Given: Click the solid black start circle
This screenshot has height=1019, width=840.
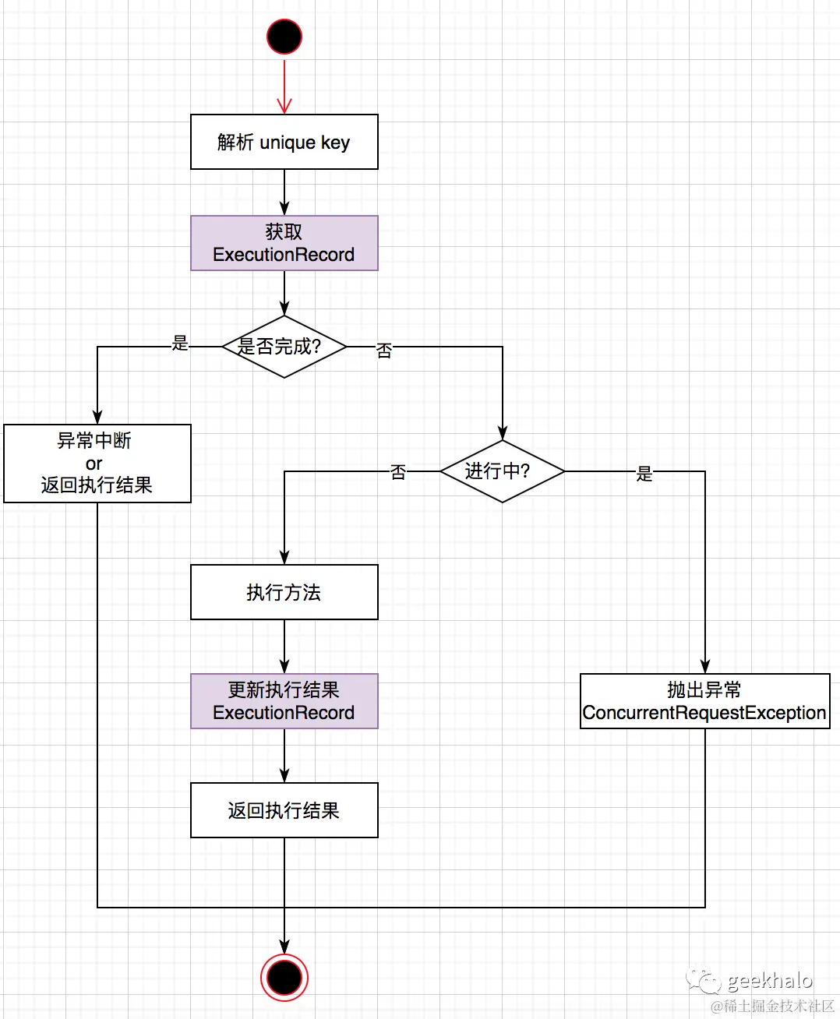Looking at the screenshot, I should (284, 37).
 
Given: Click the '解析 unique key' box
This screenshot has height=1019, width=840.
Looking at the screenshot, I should (284, 142).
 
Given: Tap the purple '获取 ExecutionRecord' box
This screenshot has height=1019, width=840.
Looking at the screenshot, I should (284, 243).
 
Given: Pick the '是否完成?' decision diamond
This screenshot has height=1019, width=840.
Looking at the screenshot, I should (284, 347).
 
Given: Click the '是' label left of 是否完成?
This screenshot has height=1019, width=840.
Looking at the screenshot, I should (180, 343).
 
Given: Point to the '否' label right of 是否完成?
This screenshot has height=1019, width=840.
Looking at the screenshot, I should (384, 351).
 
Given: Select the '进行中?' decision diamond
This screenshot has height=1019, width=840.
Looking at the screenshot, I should (503, 471).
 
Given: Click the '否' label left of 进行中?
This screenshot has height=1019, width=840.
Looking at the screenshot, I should (398, 472).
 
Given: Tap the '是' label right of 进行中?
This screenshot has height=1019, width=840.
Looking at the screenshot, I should (644, 474).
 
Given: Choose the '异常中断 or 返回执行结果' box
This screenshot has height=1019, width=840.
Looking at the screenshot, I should (97, 464).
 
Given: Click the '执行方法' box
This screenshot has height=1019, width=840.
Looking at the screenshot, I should (284, 592).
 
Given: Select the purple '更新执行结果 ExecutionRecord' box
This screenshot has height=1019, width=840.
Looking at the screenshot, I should (284, 701).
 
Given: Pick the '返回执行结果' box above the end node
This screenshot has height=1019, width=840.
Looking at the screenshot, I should (284, 810).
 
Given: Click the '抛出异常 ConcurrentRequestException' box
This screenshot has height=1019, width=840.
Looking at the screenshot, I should (704, 701).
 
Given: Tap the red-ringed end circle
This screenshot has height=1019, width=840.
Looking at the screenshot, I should (284, 977).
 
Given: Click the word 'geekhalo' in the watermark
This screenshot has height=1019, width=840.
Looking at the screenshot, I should (770, 980).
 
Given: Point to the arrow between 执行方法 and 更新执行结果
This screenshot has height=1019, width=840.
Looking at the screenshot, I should (284, 647).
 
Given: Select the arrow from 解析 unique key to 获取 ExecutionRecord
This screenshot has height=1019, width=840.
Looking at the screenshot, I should (284, 192).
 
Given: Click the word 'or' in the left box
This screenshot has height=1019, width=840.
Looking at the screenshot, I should (94, 464).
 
